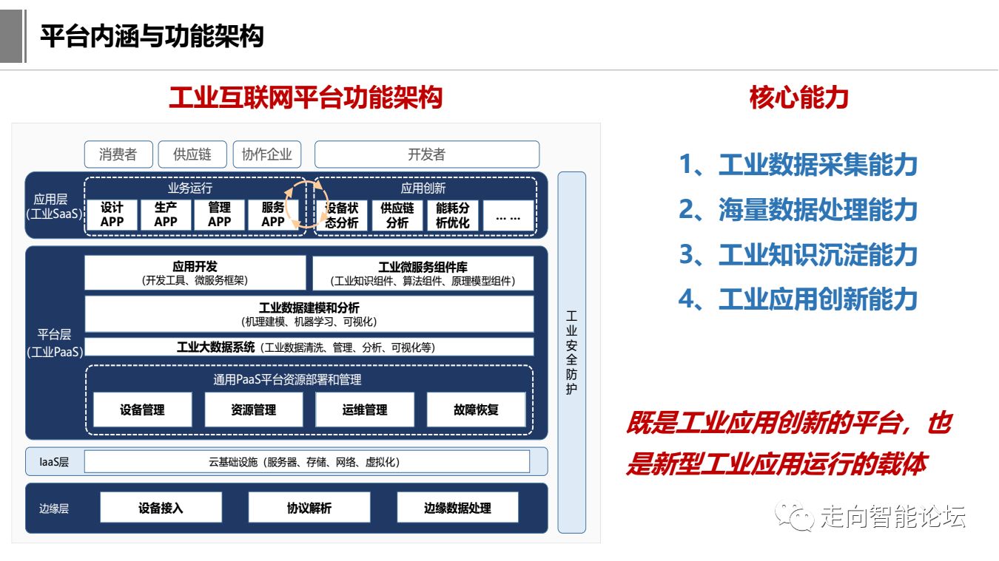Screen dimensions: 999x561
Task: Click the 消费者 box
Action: click(x=118, y=154)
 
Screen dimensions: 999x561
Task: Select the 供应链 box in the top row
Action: click(x=192, y=154)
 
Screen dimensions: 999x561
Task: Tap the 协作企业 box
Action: click(x=267, y=154)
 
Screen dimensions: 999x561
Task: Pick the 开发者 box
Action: click(x=427, y=154)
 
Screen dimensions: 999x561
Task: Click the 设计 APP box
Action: click(x=112, y=215)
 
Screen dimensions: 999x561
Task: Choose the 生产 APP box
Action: click(x=166, y=215)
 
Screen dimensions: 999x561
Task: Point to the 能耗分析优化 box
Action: click(x=452, y=215)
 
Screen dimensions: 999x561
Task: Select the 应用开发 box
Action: click(x=195, y=273)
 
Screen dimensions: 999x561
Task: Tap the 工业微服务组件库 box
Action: click(x=423, y=273)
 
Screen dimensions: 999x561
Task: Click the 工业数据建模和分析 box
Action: click(x=309, y=314)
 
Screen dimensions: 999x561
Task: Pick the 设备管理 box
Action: click(x=142, y=409)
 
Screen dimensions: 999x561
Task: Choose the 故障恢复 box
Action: click(x=476, y=409)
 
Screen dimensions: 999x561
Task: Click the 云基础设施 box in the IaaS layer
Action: click(x=307, y=462)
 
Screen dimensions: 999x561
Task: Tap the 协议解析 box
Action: click(x=309, y=508)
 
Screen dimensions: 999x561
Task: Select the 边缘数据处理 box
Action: click(x=457, y=508)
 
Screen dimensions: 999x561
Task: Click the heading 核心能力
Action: click(x=798, y=98)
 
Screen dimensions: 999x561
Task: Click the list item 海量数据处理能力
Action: click(x=798, y=210)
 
